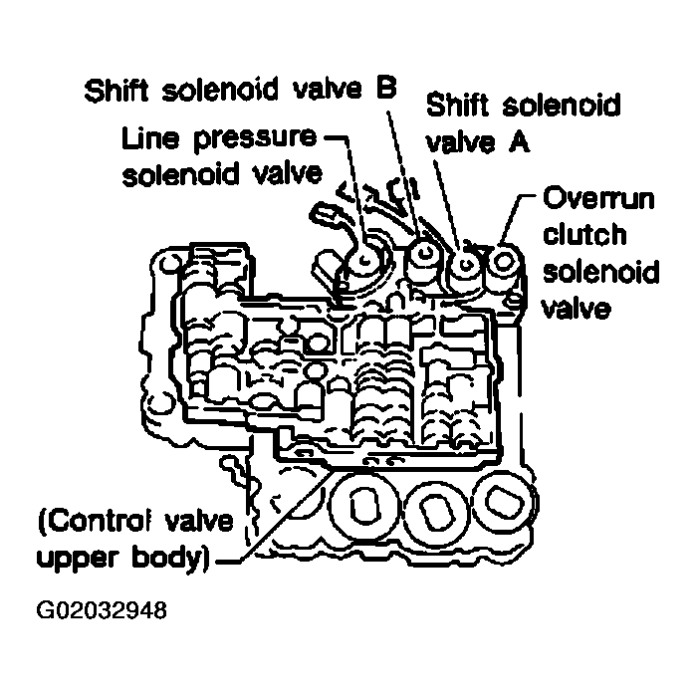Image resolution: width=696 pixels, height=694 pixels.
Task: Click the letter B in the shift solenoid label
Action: pyautogui.click(x=386, y=88)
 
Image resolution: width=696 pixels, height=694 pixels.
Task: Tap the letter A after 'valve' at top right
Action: pyautogui.click(x=519, y=142)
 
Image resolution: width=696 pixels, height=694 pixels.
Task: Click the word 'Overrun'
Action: pyautogui.click(x=598, y=198)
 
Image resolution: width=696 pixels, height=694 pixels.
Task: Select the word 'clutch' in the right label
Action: pyautogui.click(x=584, y=234)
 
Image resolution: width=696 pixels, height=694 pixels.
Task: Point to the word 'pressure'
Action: pyautogui.click(x=255, y=138)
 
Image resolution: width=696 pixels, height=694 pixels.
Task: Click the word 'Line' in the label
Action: pyautogui.click(x=150, y=138)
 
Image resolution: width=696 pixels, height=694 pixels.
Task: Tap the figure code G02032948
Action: pyautogui.click(x=102, y=610)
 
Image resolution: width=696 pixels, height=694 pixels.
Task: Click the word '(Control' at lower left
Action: pyautogui.click(x=94, y=522)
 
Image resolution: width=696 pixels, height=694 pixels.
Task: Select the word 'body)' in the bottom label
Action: pyautogui.click(x=171, y=559)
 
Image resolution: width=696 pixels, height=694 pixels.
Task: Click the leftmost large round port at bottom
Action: pyautogui.click(x=364, y=505)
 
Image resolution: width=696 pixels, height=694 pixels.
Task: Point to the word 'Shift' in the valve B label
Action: pyautogui.click(x=116, y=91)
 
